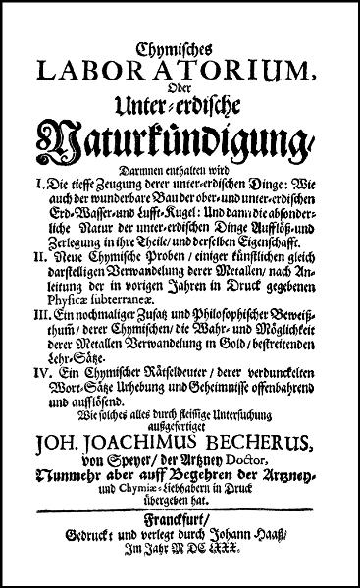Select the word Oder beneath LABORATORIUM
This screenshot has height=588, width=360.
coord(180,91)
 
